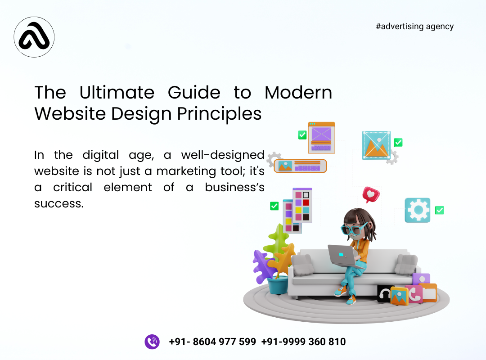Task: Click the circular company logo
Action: coord(34,37)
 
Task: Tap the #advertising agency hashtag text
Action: coord(414,26)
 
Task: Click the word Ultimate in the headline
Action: coord(117,93)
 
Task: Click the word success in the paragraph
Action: coord(58,203)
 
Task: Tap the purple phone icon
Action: coord(152,342)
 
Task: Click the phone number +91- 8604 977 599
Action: coord(212,342)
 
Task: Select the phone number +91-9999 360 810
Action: coord(303,342)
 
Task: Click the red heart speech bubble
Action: coord(371,195)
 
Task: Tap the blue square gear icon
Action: coord(417,210)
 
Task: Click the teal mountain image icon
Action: coord(376,145)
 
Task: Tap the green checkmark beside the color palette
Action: coord(274,206)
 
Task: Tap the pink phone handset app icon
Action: coord(414,294)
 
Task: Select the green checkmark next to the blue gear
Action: coord(439,210)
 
